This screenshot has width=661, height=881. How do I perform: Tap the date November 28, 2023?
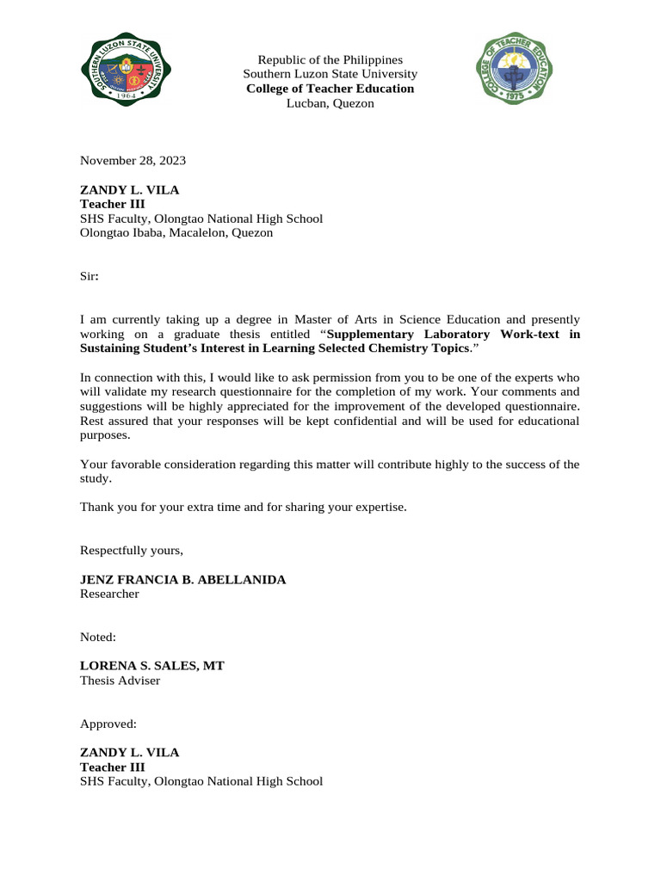click(x=133, y=160)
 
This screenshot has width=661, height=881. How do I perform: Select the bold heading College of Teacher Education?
click(x=330, y=89)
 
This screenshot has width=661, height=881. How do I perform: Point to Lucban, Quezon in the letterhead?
click(x=330, y=103)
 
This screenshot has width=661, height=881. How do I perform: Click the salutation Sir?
click(x=90, y=277)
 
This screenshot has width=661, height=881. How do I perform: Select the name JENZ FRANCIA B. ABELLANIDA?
click(x=182, y=580)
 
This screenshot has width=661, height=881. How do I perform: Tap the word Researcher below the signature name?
click(x=109, y=594)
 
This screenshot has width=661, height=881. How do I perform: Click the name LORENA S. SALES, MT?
click(x=152, y=666)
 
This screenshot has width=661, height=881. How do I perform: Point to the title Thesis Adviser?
click(x=120, y=681)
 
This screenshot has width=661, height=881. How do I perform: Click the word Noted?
click(x=98, y=638)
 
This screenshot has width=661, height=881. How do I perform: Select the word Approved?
click(x=108, y=724)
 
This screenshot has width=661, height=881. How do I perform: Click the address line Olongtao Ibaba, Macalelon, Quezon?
click(x=176, y=232)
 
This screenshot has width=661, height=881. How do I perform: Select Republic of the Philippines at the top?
click(x=330, y=60)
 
